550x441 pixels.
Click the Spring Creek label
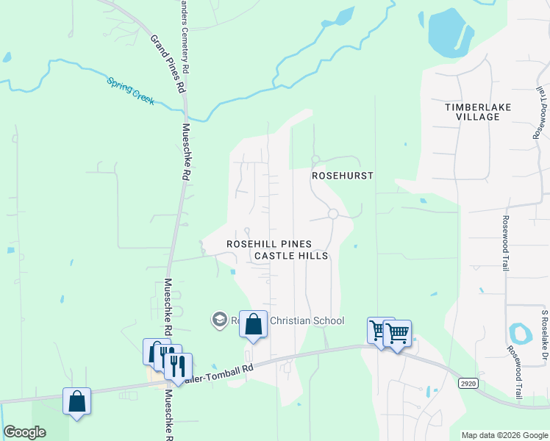(x=131, y=91)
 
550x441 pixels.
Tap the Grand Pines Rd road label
(x=168, y=63)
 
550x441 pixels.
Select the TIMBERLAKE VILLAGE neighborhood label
(x=478, y=112)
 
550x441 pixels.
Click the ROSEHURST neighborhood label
(x=343, y=176)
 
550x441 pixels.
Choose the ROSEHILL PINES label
(x=268, y=244)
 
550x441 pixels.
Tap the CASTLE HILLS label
(x=290, y=256)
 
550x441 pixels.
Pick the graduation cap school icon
(x=219, y=320)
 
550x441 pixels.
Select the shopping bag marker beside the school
(x=253, y=324)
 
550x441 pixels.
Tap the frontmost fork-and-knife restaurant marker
(x=178, y=365)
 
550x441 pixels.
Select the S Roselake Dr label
(x=545, y=335)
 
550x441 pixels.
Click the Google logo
(x=25, y=432)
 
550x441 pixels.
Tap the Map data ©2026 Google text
(x=504, y=435)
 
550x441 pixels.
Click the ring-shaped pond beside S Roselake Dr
(x=520, y=334)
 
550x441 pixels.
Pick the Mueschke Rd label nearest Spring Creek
(x=186, y=152)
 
